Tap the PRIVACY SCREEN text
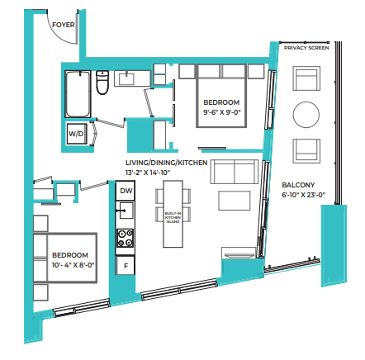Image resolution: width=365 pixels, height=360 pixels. tap(306, 48)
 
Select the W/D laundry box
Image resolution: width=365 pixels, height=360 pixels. tap(75, 132)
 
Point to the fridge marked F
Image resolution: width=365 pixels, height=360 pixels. tap(126, 266)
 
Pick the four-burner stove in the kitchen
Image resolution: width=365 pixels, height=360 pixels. tap(126, 239)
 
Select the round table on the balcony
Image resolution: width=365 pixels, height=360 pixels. tap(308, 114)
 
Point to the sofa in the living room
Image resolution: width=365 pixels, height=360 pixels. tap(234, 171)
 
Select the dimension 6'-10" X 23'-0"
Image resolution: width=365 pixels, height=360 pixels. tap(304, 195)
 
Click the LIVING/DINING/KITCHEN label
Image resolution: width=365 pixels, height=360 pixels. tap(166, 163)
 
